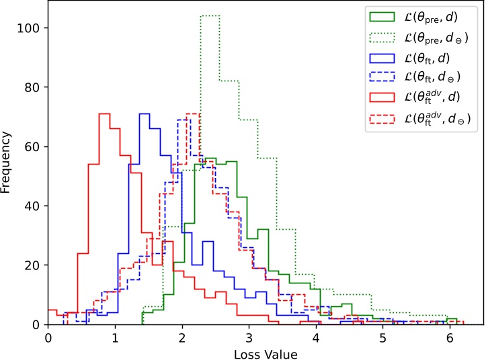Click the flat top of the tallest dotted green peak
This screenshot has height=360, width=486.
pos(210,15)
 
